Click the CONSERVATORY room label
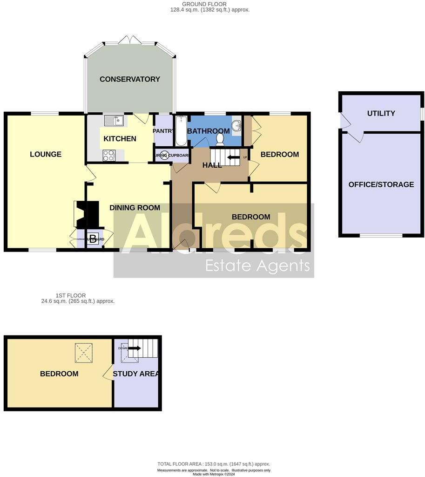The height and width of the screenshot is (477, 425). coord(129,79)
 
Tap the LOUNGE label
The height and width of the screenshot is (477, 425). coord(46,154)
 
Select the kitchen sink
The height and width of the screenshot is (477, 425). coord(114,121)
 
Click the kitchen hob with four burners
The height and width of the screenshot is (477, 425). coord(109,155)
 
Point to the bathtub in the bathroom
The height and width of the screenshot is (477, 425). coord(180,131)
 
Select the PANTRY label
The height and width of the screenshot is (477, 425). coord(163,131)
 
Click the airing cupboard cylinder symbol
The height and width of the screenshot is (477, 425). coord(164,156)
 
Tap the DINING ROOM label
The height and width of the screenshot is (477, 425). coord(135,208)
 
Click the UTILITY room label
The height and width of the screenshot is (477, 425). coord(381,113)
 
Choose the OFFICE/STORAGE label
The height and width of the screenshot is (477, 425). coord(381,184)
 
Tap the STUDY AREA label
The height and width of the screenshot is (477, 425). coord(137,374)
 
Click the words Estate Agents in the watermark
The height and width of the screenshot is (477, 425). coord(257,266)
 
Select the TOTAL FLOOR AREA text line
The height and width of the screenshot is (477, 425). coord(213,464)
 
